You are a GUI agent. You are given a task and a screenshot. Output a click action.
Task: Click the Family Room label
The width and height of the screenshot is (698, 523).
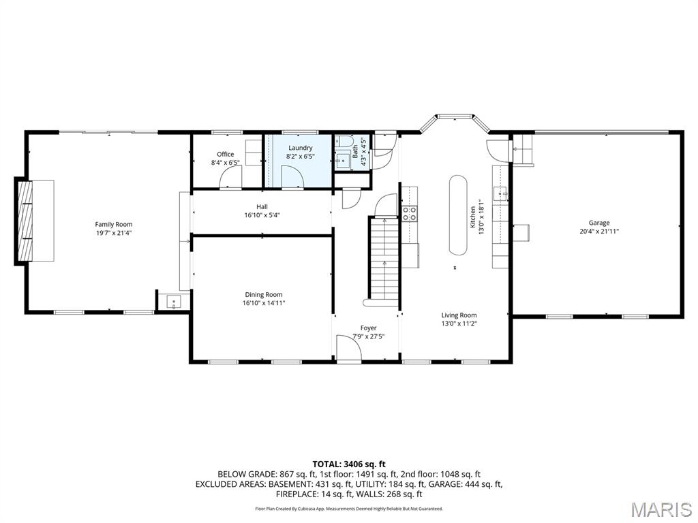tap(114, 224)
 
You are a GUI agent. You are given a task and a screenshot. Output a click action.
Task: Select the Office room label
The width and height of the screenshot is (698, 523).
tap(225, 155)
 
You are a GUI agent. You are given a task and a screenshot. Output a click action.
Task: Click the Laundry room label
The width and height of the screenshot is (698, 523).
tap(300, 148)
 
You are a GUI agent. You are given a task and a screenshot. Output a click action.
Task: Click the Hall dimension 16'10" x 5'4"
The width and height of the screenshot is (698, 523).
tap(262, 215)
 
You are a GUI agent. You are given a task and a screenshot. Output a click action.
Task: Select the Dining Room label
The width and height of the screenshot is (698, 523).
tap(263, 295)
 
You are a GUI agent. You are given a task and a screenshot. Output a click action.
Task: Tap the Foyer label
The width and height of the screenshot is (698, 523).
tap(368, 328)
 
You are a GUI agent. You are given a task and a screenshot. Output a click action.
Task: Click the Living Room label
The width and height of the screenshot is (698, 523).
tap(459, 315)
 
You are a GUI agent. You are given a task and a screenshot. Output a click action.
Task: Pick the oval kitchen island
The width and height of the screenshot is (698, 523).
tap(457, 215)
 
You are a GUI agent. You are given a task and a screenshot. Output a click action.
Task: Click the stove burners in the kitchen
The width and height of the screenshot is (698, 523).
tap(410, 214)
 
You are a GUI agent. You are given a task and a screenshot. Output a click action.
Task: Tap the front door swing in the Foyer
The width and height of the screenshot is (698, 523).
tap(348, 349)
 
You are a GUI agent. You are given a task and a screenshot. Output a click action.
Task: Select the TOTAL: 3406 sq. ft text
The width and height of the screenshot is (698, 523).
tap(348, 464)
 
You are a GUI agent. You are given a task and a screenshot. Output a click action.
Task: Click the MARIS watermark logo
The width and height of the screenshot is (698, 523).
tap(661, 509)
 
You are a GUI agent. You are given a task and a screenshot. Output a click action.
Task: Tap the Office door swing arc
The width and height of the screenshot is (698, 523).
tap(230, 175)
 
